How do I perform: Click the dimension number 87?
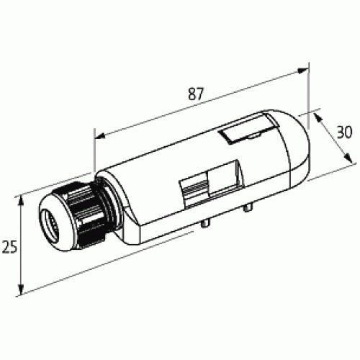(x=196, y=94)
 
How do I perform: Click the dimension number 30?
(x=345, y=132)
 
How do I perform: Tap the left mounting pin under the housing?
(x=207, y=225)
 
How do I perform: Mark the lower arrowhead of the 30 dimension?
(x=341, y=163)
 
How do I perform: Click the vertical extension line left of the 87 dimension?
(x=94, y=151)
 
